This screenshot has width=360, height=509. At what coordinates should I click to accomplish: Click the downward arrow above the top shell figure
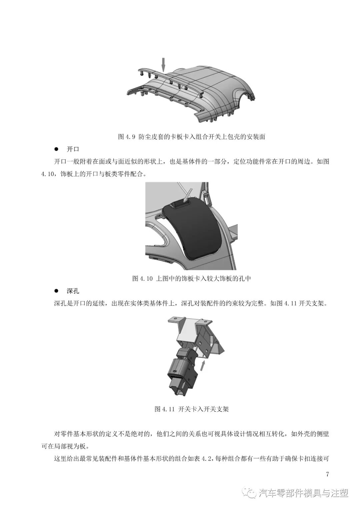coord(163,64)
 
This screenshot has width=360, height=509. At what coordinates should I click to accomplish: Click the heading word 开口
coord(73,149)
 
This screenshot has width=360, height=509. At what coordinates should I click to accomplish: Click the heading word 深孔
coord(73,291)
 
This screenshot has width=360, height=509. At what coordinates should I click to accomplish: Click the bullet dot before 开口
coord(56,149)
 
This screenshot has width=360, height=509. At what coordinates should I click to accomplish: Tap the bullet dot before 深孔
coord(56,291)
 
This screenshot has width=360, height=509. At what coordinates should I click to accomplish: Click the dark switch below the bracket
coord(182,375)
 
